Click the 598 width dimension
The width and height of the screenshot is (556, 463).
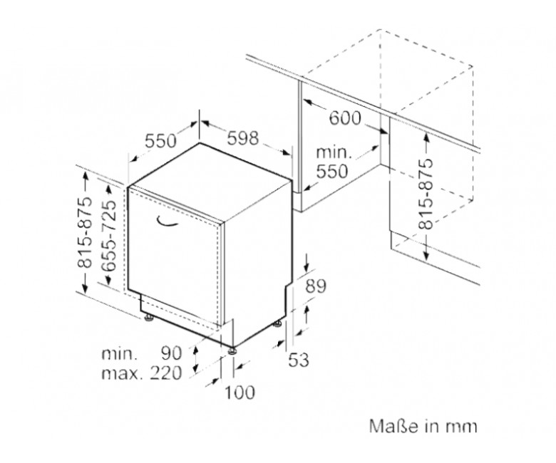(243, 137)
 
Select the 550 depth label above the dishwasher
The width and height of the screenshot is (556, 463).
(160, 140)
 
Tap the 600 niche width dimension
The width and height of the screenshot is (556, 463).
(345, 118)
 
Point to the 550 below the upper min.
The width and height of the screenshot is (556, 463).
(332, 172)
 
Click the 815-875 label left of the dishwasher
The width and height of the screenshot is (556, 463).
(85, 232)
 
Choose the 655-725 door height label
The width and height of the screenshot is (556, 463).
(108, 236)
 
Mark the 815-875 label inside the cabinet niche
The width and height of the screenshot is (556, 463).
(426, 194)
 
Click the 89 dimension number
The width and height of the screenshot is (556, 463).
(316, 286)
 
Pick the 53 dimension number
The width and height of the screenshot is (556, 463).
(299, 360)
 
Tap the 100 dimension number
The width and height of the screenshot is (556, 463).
(240, 392)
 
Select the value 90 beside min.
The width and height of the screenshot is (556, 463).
(172, 353)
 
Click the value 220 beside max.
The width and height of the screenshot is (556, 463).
(166, 373)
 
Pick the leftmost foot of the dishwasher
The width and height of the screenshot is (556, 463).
(148, 318)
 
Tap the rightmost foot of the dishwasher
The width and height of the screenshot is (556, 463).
(277, 324)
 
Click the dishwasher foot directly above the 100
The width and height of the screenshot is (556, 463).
(232, 350)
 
